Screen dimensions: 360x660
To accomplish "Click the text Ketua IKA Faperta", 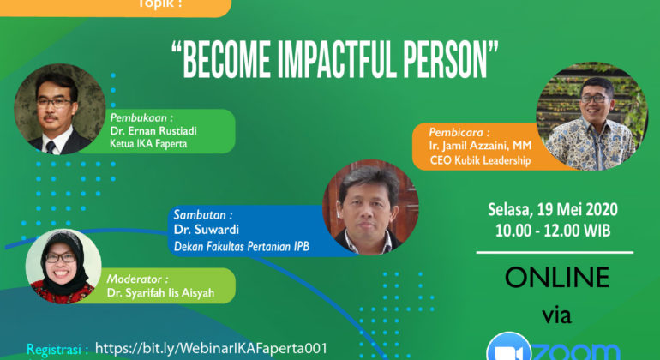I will [148, 144].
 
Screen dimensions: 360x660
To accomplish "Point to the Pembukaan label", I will [140, 117].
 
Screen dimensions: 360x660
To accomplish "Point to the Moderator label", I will [137, 279].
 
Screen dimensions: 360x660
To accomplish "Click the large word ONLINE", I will [556, 278].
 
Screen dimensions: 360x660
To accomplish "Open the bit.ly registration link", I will [212, 348].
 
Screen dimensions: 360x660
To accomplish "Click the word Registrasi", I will [57, 350].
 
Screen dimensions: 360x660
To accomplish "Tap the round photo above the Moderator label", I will [63, 261].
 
